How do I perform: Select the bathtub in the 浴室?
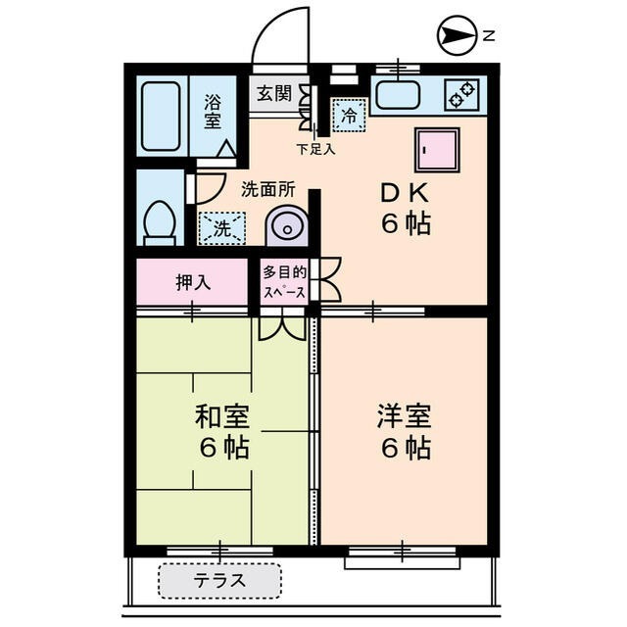point(160,116)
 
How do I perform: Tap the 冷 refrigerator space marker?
point(348,116)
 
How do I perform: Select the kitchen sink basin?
point(397,96)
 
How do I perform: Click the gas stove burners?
point(461,95)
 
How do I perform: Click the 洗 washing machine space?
point(222,229)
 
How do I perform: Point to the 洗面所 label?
point(266,189)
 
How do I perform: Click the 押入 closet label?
point(193,282)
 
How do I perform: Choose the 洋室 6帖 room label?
point(404,432)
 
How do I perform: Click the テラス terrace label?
point(219,581)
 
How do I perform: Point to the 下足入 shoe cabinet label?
point(315,150)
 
